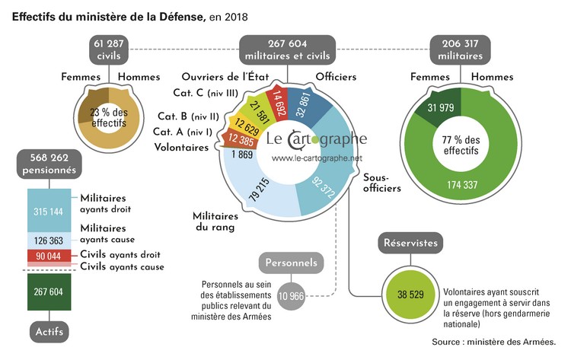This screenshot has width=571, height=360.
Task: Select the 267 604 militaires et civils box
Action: click(x=289, y=50)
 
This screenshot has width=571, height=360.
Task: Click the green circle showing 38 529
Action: click(x=410, y=294)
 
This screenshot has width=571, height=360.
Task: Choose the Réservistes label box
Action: click(x=410, y=243)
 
